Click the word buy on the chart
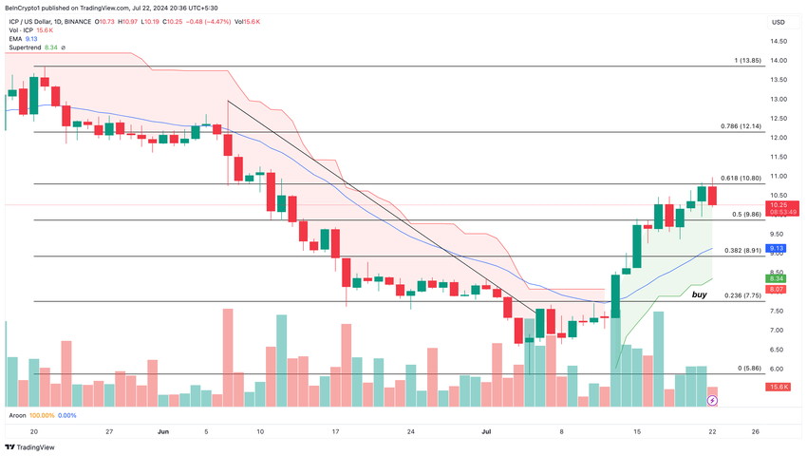699,295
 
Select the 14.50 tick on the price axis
779,41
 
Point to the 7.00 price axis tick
779,331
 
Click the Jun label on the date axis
162,430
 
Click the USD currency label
779,22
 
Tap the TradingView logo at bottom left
30,447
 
